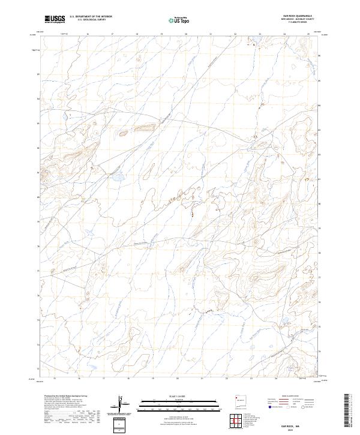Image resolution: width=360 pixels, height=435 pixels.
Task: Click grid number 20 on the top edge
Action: click(185, 34)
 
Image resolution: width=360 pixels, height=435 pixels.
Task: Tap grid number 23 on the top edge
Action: click(259, 34)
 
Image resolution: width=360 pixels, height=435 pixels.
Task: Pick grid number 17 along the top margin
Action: click(112, 34)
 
